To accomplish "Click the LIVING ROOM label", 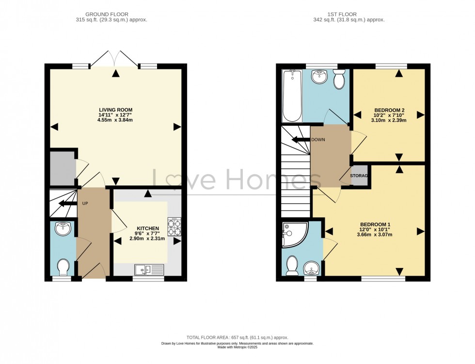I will pyautogui.click(x=115, y=110).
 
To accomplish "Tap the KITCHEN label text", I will pyautogui.click(x=147, y=228).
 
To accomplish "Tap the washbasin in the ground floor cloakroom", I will pyautogui.click(x=63, y=229).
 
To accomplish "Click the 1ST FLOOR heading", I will pyautogui.click(x=349, y=14).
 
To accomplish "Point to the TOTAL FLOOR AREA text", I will pyautogui.click(x=237, y=337).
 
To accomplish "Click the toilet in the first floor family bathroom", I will pyautogui.click(x=339, y=79).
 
